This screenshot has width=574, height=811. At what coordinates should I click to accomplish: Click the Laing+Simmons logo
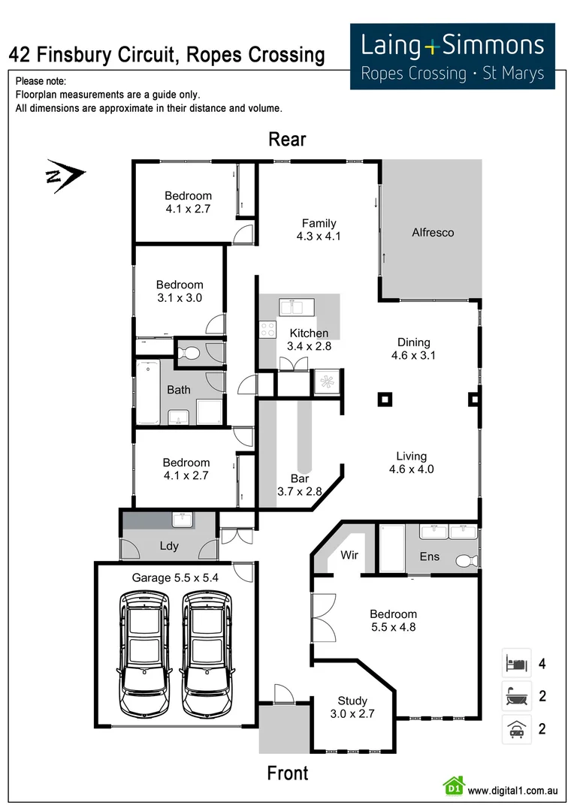pos(452,56)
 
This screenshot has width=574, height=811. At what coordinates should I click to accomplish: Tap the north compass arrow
pos(65,176)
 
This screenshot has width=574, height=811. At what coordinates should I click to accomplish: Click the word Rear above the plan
pos(287,140)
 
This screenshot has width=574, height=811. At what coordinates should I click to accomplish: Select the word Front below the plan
pos(287,773)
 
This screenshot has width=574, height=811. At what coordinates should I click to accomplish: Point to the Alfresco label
pos(433,233)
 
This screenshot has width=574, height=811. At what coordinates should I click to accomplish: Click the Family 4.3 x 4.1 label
pos(319,229)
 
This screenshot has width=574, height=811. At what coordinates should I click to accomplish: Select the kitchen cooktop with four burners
pos(267,329)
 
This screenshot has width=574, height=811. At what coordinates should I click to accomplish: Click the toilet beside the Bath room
pos(191,353)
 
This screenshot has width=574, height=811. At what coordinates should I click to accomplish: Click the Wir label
pos(349,556)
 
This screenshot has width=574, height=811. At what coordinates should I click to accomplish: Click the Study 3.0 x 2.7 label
pos(352,707)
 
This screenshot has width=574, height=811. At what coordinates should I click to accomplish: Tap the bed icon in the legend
pos(515,664)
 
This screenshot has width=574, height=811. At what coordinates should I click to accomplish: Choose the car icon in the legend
pos(515,729)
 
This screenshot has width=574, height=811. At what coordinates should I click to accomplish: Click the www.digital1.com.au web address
pos(512,790)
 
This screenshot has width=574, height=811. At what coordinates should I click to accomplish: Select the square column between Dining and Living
pos(385,399)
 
